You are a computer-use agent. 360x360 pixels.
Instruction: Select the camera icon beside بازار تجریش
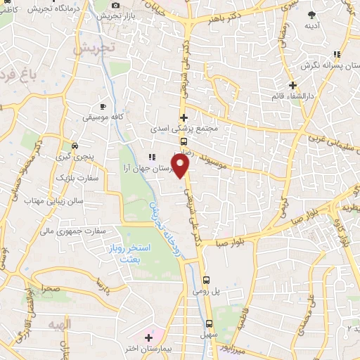tap(115, 5)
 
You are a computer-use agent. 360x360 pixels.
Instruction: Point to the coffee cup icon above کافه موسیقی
tap(103, 106)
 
